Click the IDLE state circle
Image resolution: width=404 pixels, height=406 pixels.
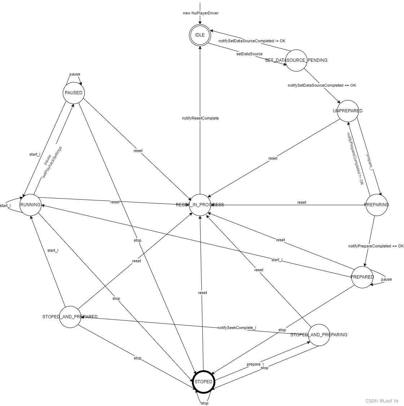(x=199, y=35)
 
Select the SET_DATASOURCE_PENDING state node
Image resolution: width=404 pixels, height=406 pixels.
(x=296, y=60)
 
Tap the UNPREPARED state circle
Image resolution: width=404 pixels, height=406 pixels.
(x=348, y=111)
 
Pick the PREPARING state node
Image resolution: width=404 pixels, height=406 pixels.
(x=377, y=205)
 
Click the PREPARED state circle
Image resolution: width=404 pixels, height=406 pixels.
(x=362, y=277)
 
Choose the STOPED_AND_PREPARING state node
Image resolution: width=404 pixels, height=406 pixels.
(x=319, y=335)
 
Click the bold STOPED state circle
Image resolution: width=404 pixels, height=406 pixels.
(x=203, y=382)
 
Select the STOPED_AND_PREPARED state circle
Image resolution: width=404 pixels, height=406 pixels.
(x=70, y=317)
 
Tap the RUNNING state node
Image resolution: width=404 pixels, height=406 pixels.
(x=30, y=205)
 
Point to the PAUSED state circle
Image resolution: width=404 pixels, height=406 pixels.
(x=74, y=93)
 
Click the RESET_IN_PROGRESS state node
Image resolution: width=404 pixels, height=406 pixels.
(x=200, y=205)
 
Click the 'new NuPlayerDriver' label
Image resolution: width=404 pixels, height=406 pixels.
(x=201, y=13)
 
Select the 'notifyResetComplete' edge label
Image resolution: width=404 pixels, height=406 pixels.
(x=201, y=118)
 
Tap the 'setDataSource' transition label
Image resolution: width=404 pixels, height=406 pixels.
(x=249, y=54)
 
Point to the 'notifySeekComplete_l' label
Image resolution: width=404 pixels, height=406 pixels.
(x=237, y=328)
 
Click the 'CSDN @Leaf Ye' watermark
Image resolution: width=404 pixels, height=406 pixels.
(x=382, y=401)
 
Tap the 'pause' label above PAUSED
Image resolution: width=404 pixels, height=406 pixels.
(x=75, y=74)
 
